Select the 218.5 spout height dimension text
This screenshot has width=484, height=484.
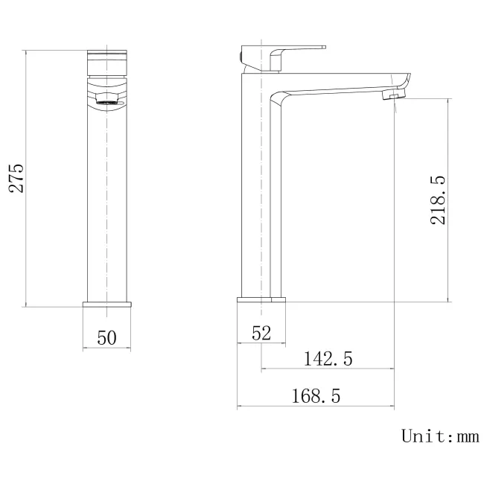pos(438,200)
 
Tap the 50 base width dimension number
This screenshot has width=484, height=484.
pos(107,338)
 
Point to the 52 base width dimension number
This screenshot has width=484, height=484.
pos(261,333)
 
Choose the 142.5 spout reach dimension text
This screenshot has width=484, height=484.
pos(328,359)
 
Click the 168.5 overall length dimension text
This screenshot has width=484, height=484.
pos(315,397)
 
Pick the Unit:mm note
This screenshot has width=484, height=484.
pos(439,436)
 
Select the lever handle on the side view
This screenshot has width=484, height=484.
pos(298,48)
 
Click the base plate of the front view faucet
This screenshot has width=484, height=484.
pos(107,303)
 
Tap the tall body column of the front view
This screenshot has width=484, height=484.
pos(107,201)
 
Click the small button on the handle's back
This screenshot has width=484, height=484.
pos(242,55)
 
